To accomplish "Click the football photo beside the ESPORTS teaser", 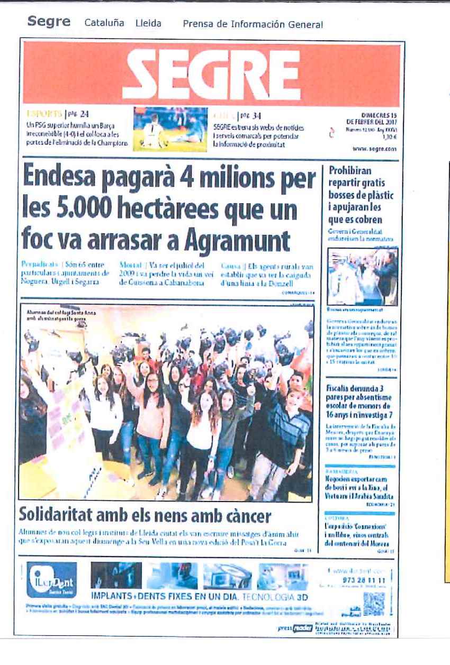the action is coord(170,130).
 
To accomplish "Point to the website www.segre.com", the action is coord(374,149).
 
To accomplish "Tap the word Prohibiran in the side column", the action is coord(350,170).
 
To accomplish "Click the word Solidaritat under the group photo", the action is coord(62,515).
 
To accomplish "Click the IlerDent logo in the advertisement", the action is coord(51,580).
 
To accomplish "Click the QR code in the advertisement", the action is coord(373,602).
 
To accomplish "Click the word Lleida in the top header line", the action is coord(148,24).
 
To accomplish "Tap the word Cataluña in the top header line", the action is coord(104,24).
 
